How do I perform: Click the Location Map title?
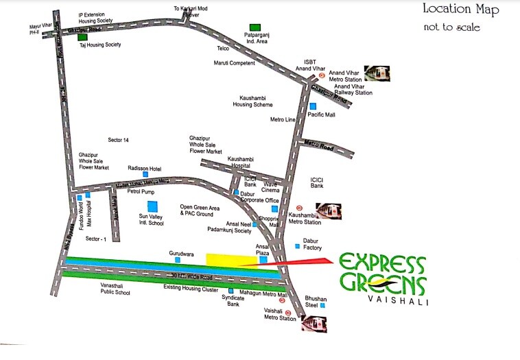[x=460, y=10]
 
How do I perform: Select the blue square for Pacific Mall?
[x=312, y=106]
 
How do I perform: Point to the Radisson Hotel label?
[x=144, y=168]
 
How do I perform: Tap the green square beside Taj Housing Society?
[x=82, y=37]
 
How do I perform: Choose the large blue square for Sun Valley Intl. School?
[x=152, y=206]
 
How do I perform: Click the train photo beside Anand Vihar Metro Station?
[x=376, y=73]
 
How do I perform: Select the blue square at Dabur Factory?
[x=297, y=245]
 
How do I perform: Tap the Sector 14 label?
[x=118, y=140]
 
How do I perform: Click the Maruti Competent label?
[x=234, y=63]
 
